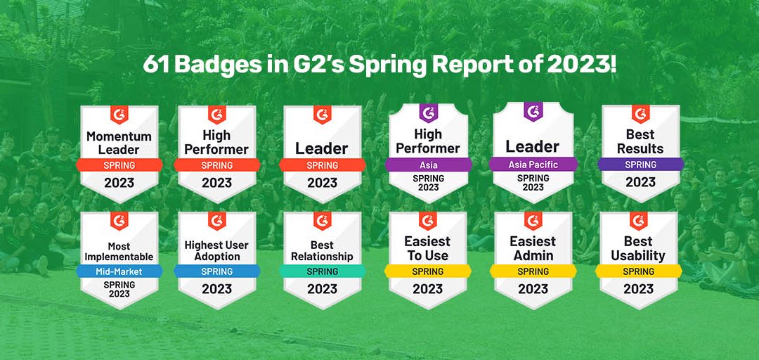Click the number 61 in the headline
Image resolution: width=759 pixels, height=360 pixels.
click(157, 65)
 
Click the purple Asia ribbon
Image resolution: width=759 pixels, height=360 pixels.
click(428, 165)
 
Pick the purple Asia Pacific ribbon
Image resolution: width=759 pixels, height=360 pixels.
click(533, 165)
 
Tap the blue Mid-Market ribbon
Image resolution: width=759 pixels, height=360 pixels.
click(119, 271)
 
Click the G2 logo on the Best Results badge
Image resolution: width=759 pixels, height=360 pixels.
click(640, 112)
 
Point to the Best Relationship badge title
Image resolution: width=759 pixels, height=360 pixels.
click(323, 250)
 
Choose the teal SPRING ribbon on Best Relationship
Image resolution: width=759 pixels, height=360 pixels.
click(323, 271)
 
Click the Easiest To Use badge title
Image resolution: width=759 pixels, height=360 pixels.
click(428, 248)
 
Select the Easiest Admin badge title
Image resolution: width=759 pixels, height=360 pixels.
click(533, 248)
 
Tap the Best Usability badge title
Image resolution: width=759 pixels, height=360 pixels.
click(639, 248)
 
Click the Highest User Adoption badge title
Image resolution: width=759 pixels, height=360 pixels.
click(217, 250)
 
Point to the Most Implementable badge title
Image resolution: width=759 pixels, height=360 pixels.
click(119, 251)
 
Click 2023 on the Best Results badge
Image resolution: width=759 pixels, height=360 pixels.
click(640, 182)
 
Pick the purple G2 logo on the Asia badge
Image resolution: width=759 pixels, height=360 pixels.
click(428, 112)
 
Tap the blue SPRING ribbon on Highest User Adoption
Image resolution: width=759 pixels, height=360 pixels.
click(217, 271)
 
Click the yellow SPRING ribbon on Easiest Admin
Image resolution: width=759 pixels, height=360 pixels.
click(533, 271)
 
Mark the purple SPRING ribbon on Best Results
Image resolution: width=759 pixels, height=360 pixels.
click(640, 165)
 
